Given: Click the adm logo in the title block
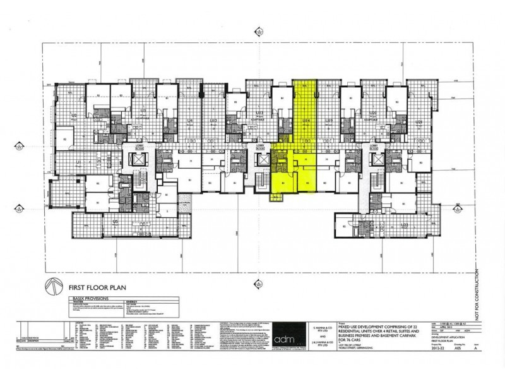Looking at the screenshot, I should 287,332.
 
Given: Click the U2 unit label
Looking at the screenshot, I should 74,116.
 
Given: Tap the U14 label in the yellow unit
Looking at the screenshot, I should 306,121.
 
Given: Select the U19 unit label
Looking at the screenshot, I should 329,121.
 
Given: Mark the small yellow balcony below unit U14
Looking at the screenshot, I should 276,196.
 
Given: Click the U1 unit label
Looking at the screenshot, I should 79,164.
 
